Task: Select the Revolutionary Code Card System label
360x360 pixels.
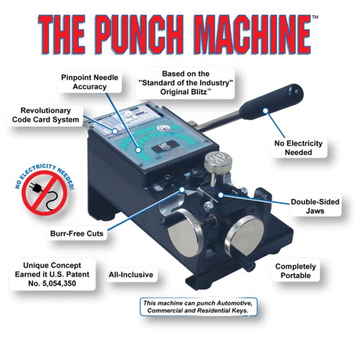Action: click(x=45, y=115)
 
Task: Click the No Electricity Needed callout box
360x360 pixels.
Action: click(x=299, y=148)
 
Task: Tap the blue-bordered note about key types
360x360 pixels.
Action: click(x=199, y=307)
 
